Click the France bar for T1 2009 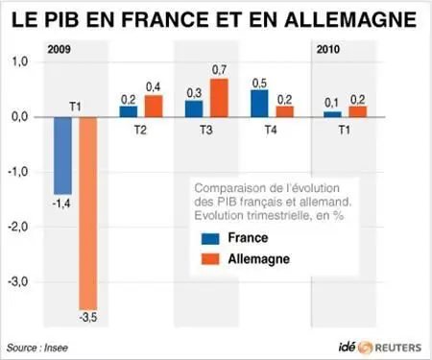tap(62, 156)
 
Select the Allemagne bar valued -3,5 tap(88, 213)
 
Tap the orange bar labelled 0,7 tap(219, 98)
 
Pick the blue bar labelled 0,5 tap(259, 104)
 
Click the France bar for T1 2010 tap(332, 114)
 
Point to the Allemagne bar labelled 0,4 tap(154, 106)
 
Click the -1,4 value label tap(61, 204)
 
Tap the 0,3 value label tap(194, 93)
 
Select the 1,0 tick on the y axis tap(20, 61)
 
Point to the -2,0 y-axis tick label tap(18, 227)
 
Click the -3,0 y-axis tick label tap(18, 282)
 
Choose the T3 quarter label tap(206, 131)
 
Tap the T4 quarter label tap(271, 131)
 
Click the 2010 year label tap(328, 50)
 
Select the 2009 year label tap(59, 50)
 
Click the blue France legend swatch tap(210, 239)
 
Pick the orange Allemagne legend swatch tap(210, 259)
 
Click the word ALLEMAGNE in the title tap(350, 19)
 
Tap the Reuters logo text tap(398, 348)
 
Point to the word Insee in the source tap(56, 348)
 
